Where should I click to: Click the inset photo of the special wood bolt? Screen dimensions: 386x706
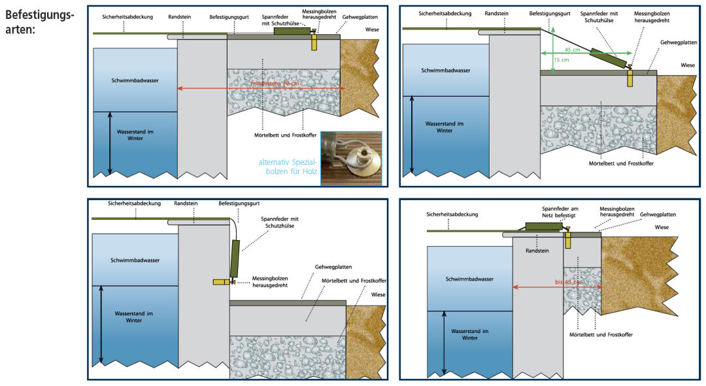tap(351, 159)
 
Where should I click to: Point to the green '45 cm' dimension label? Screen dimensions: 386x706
tap(572, 50)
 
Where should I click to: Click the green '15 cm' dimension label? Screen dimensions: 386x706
tap(561, 60)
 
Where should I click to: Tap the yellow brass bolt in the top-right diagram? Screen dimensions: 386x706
tap(630, 77)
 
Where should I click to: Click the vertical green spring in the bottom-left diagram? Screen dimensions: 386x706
tap(235, 258)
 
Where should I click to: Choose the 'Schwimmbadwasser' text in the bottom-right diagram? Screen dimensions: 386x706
tap(469, 279)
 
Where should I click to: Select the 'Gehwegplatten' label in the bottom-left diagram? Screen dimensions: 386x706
tap(333, 267)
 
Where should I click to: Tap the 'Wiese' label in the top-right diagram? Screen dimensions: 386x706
tap(688, 65)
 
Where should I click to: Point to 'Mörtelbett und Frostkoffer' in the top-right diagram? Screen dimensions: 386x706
tap(620, 163)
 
